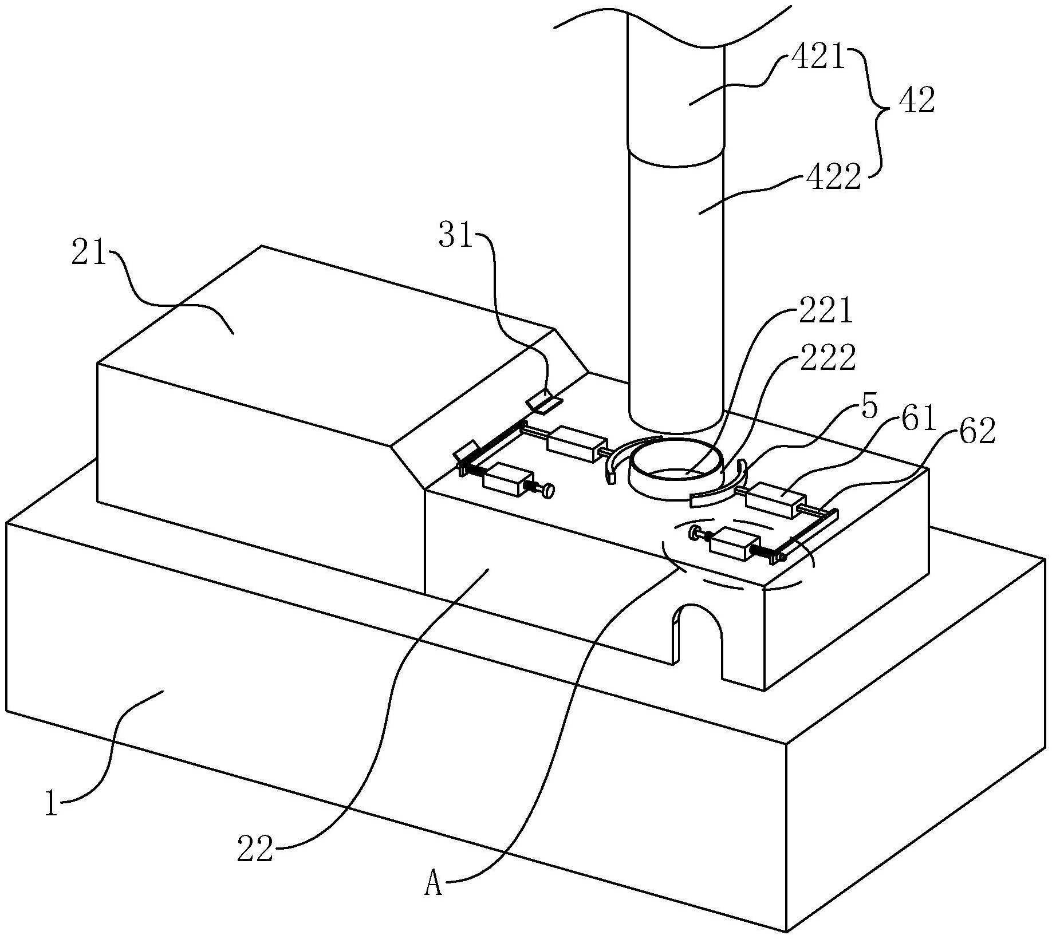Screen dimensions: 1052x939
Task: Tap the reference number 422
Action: [834, 177]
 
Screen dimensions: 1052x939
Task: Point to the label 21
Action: [89, 252]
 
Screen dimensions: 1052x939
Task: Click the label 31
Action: [456, 235]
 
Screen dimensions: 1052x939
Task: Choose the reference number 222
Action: [827, 358]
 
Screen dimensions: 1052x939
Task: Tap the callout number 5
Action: [869, 407]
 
